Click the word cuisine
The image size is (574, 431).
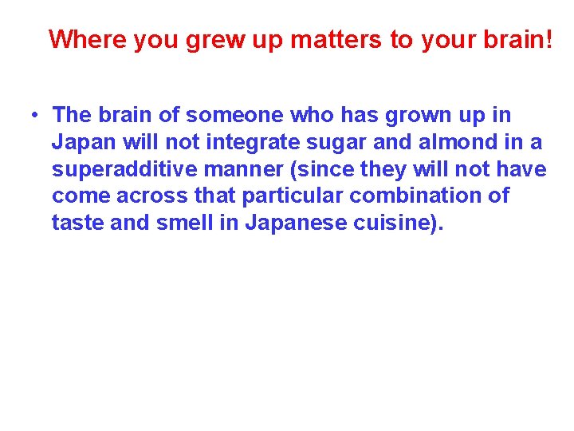click(x=391, y=223)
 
